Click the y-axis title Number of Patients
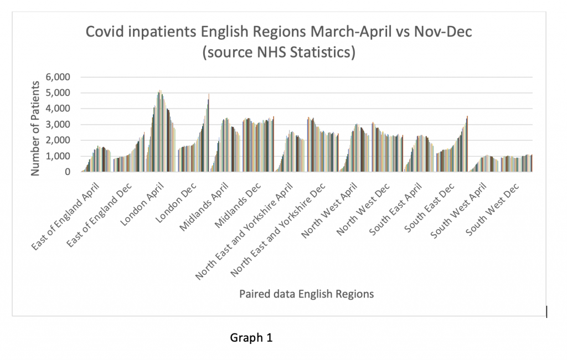(36, 128)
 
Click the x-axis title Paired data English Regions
(306, 294)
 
